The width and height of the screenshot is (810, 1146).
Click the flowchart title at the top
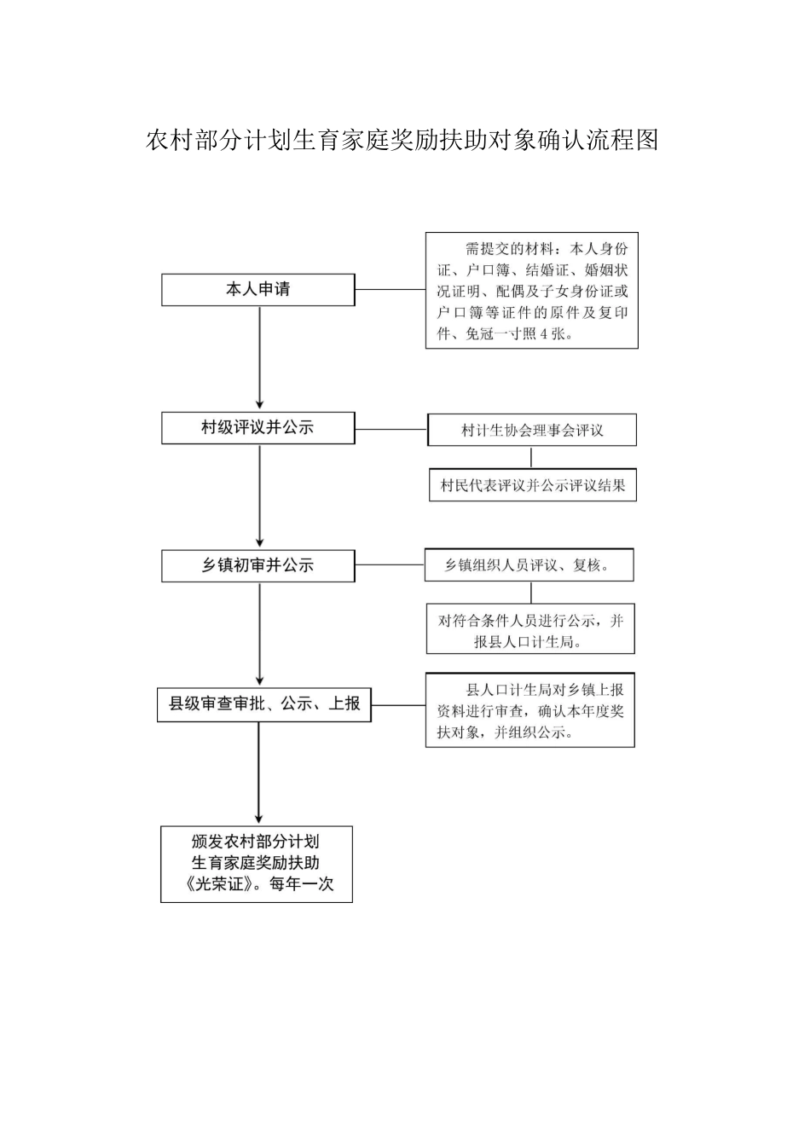tap(402, 141)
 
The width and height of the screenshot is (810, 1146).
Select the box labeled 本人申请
tap(257, 290)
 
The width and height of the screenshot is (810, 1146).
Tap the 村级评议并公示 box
tap(257, 427)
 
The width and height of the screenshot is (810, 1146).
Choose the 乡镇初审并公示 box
tap(257, 565)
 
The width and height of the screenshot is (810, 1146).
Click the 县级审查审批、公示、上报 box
tap(264, 704)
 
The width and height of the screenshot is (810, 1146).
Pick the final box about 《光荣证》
tap(257, 863)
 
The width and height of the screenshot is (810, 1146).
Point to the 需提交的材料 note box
tap(532, 291)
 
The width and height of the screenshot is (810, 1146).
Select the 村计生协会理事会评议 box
tap(532, 431)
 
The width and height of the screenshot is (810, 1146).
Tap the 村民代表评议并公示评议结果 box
tap(532, 485)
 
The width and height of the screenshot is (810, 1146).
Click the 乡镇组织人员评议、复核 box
tap(529, 565)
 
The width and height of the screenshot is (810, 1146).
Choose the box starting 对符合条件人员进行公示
tap(530, 631)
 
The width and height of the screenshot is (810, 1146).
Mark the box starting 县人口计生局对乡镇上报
tap(530, 710)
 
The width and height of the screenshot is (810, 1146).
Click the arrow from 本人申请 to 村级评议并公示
tap(260, 358)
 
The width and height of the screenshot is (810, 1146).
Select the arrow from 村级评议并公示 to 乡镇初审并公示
tap(260, 496)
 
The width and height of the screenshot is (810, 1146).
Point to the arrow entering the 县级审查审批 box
tap(260, 634)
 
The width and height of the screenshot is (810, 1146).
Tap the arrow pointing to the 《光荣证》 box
tap(258, 773)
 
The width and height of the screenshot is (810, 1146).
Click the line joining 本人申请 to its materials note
tap(391, 290)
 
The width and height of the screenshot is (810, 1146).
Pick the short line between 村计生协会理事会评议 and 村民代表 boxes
tap(531, 457)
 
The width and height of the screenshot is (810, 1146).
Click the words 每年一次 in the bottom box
tap(302, 884)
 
